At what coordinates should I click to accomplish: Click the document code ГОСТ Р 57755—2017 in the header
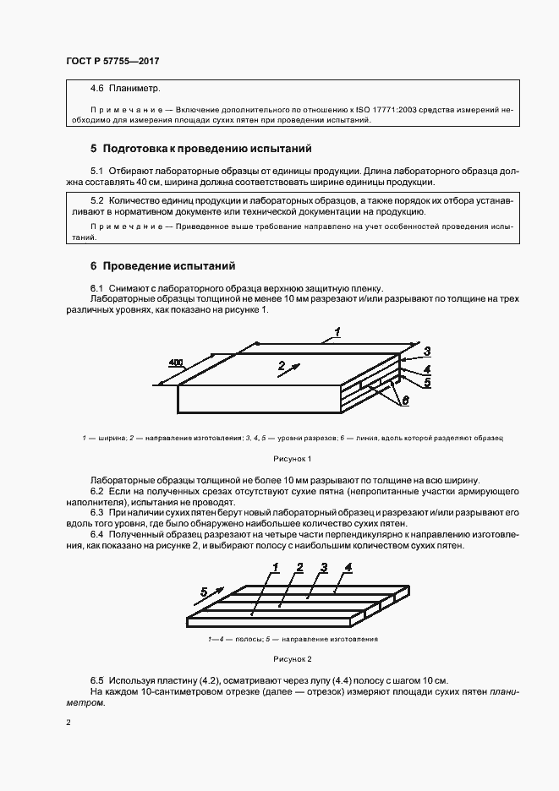point(112,62)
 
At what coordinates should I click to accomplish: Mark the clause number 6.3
point(97,512)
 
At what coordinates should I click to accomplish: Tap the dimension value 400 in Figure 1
point(175,363)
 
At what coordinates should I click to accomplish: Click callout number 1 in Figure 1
point(336,333)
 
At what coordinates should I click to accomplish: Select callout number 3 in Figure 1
point(428,352)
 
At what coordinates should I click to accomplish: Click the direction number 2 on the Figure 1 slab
point(279,367)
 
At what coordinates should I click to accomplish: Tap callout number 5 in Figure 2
point(204,591)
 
